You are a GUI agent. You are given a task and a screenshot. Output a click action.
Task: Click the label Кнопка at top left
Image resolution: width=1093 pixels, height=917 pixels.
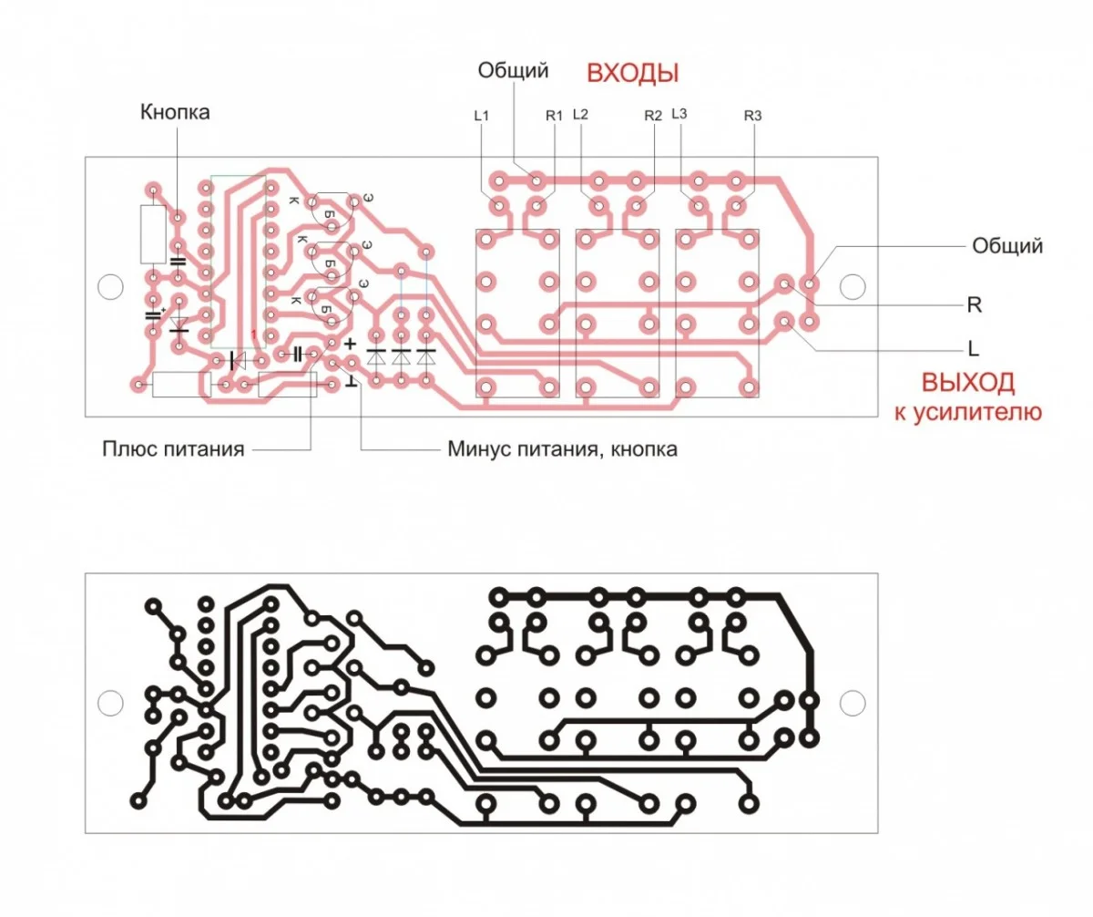[175, 112]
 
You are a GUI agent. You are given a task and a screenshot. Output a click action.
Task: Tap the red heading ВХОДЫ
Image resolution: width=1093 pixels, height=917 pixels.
[632, 73]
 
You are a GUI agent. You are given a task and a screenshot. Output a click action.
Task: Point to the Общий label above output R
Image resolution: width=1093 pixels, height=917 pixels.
[1006, 245]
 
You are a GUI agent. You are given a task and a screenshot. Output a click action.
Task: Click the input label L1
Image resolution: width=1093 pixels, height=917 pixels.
[482, 116]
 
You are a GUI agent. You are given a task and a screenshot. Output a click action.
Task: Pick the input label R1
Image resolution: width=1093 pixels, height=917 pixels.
[555, 116]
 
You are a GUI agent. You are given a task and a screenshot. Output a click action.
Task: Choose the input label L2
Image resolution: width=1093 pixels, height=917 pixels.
[580, 115]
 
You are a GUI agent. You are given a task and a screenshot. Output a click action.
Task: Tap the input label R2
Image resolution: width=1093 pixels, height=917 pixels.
[653, 116]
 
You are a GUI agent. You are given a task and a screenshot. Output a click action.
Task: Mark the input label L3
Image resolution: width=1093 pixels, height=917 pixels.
[679, 115]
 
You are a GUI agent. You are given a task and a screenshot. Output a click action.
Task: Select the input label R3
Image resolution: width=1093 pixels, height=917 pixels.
[752, 116]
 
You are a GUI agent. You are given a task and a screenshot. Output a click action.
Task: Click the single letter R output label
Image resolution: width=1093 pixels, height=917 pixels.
[974, 304]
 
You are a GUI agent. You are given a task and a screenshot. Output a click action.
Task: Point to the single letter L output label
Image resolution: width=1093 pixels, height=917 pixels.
[973, 348]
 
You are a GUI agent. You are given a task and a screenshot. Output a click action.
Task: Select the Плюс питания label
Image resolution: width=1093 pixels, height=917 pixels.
[173, 449]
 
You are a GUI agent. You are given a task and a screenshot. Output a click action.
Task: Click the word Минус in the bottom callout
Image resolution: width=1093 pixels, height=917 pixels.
[479, 449]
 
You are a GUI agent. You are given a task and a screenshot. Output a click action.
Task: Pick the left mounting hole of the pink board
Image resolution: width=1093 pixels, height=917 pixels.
[109, 286]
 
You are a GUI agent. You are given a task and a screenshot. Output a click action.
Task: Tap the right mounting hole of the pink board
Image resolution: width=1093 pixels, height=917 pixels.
[852, 286]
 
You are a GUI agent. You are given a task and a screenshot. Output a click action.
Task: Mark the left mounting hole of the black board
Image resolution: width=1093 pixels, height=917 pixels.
[109, 702]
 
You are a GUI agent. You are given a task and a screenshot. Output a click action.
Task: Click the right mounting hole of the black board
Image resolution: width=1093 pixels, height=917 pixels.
[852, 702]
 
